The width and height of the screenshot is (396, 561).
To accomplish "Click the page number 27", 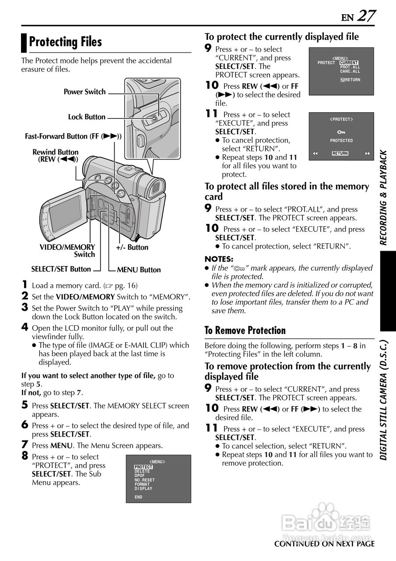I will [366, 16].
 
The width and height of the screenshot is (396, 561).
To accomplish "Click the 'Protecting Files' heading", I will [66, 42].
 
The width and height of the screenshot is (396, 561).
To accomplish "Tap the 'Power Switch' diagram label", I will [84, 92].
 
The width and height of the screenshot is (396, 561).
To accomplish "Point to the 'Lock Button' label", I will [87, 117].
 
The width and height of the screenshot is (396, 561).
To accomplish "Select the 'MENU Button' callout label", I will [139, 270].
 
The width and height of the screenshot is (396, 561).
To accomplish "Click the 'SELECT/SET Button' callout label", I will [61, 269].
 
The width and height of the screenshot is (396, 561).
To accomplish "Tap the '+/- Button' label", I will [132, 248].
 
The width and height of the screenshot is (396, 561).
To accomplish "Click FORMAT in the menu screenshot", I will [142, 484].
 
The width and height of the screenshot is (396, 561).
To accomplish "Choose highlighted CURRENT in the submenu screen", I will [349, 63].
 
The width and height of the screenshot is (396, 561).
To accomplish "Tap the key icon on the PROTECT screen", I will [341, 132].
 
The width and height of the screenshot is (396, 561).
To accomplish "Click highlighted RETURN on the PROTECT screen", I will [340, 153].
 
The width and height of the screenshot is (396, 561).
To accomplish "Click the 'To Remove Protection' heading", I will [245, 330].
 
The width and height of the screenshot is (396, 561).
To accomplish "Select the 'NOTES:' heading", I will [219, 259].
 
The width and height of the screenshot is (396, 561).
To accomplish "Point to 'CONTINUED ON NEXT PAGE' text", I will [324, 544].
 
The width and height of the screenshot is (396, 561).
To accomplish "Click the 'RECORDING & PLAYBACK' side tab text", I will [383, 197].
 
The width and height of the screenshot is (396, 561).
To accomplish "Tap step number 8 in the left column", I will [25, 456].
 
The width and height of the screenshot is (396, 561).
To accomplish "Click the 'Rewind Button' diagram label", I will [56, 156].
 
